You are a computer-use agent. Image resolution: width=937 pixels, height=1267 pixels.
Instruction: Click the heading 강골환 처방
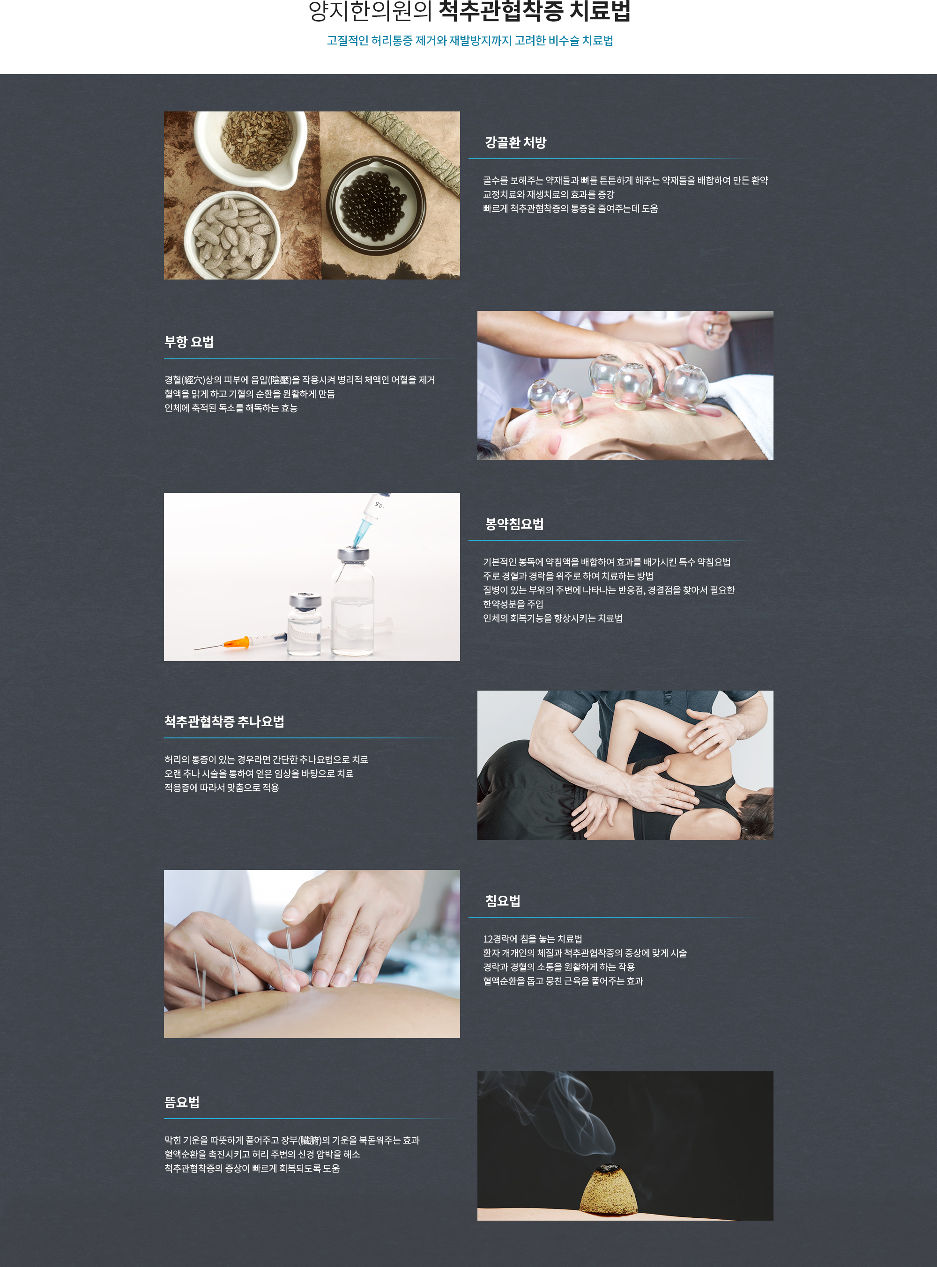click(515, 142)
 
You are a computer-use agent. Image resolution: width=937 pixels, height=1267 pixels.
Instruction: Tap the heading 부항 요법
click(189, 342)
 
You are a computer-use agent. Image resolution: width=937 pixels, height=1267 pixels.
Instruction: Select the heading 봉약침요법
click(514, 524)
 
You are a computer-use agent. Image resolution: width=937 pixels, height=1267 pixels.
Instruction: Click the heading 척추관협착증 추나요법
click(224, 722)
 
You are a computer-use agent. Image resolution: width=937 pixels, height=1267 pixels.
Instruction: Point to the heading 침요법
click(503, 901)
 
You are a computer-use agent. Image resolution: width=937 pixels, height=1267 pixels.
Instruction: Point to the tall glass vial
click(353, 602)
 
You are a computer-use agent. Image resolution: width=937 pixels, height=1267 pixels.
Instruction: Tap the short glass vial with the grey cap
click(305, 624)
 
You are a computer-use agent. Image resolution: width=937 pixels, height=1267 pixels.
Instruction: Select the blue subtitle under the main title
click(469, 41)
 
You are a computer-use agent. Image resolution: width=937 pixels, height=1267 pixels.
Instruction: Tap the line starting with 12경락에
click(533, 939)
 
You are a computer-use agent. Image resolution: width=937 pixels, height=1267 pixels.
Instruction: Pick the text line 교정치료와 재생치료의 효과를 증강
click(549, 194)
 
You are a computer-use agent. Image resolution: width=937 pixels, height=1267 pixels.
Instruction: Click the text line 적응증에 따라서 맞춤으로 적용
click(222, 788)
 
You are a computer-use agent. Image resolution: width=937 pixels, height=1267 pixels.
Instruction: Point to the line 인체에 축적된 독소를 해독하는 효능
click(231, 408)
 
